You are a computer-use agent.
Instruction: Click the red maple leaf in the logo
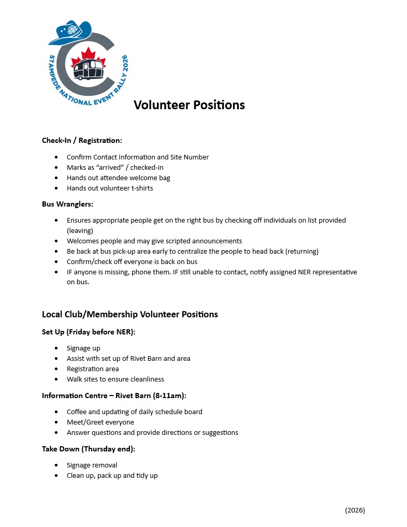(89, 55)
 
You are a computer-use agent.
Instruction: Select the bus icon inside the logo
(89, 69)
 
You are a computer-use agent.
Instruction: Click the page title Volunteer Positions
(189, 105)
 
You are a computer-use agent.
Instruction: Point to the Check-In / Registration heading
(82, 140)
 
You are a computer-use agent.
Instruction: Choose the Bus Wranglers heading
(67, 204)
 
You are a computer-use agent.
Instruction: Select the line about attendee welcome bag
(118, 178)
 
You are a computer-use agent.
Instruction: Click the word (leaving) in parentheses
(81, 230)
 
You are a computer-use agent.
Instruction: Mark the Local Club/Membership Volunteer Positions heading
(129, 314)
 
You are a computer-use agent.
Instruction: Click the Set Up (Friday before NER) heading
(88, 332)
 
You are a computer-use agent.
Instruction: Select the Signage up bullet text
(83, 348)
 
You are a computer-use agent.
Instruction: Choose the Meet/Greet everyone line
(100, 422)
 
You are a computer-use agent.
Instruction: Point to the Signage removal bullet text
(92, 465)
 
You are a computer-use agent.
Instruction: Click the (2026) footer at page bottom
(355, 510)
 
